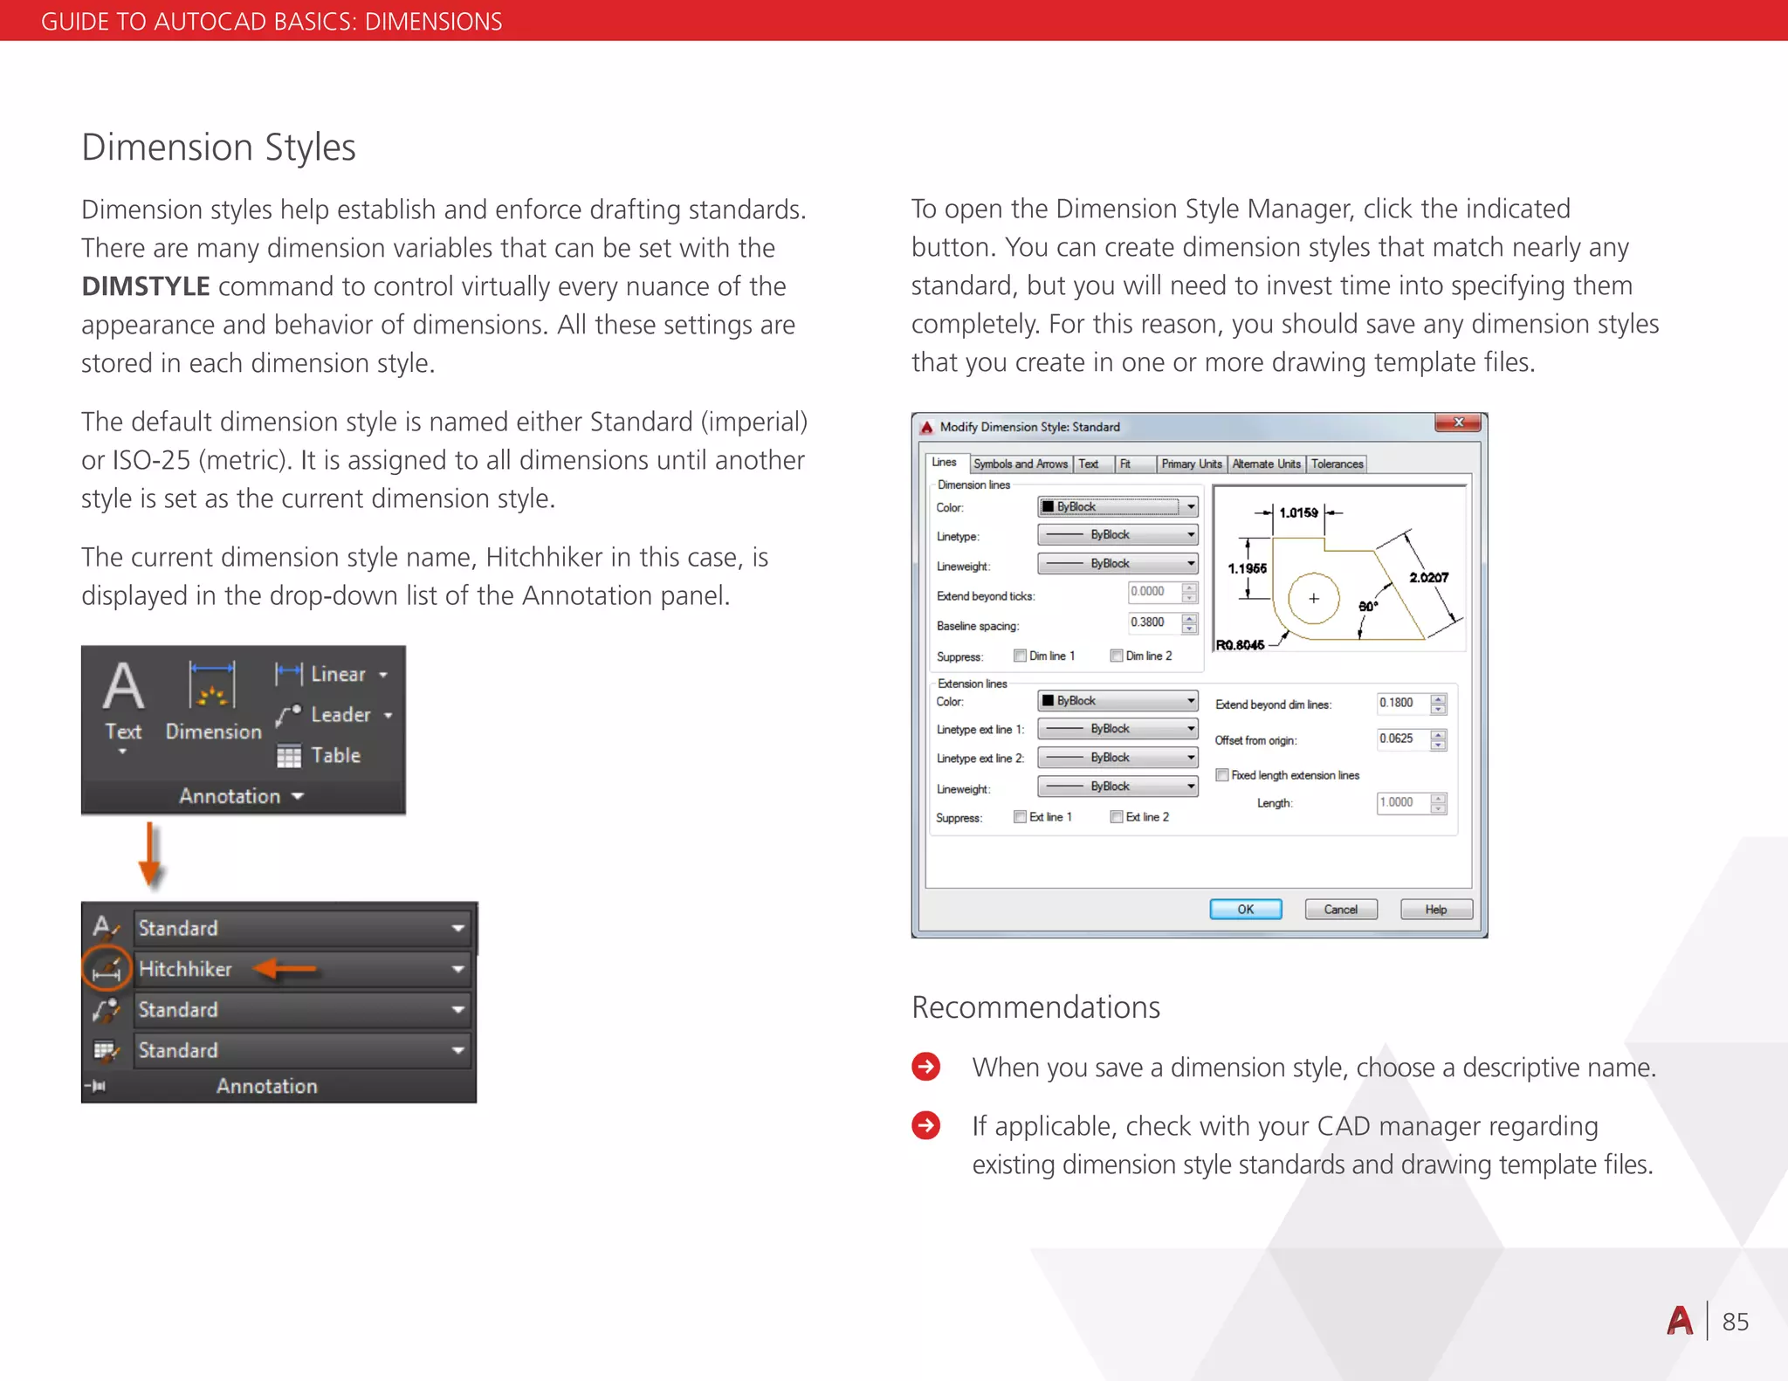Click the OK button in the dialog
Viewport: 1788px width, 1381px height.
point(1245,909)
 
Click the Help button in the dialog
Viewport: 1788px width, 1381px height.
point(1435,909)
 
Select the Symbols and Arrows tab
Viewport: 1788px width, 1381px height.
point(1020,464)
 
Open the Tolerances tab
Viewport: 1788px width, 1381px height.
point(1336,464)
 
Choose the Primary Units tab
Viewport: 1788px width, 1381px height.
point(1191,464)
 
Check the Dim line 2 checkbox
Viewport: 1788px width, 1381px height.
point(1116,656)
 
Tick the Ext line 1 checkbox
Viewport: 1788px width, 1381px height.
point(1020,816)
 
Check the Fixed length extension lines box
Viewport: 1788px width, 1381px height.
point(1222,774)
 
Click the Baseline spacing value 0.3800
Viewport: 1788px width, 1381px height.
point(1151,622)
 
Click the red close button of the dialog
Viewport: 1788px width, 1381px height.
point(1457,423)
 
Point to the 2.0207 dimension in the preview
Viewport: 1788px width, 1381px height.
point(1428,577)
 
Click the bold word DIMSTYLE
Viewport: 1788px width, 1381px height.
point(146,286)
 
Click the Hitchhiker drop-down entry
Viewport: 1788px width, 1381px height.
point(185,969)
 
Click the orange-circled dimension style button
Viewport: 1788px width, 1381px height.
point(107,969)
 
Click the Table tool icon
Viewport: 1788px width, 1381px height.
point(289,756)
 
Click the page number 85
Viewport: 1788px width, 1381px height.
point(1735,1322)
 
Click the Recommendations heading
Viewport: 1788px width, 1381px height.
point(1035,1007)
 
